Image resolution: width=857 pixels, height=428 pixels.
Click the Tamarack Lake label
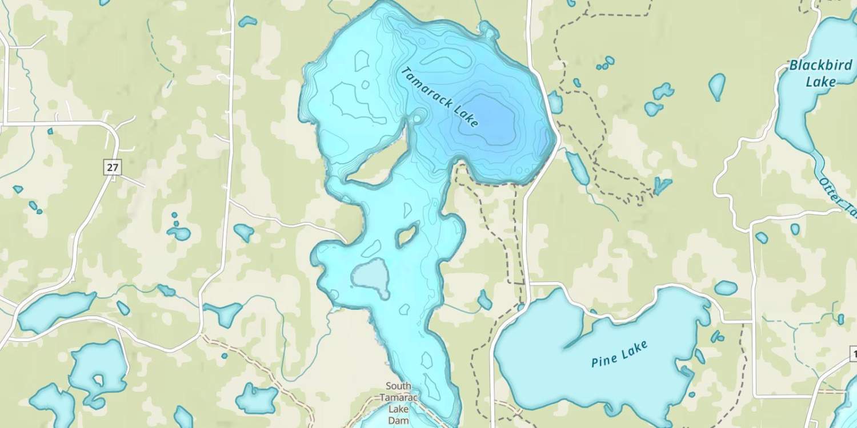[440, 97]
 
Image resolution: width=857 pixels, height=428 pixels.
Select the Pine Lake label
[619, 354]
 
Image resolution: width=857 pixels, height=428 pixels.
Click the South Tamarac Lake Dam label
[398, 402]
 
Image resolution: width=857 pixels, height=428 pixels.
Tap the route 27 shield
[113, 167]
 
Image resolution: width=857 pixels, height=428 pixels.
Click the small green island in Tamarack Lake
[407, 235]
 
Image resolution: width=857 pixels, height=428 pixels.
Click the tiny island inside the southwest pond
[99, 379]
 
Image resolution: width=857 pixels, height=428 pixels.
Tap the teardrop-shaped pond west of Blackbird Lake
[716, 86]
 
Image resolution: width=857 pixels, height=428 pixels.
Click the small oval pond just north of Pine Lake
[726, 288]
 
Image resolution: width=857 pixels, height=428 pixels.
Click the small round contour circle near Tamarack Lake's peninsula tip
[417, 119]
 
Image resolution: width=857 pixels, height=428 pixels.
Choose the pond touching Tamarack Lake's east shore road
[555, 103]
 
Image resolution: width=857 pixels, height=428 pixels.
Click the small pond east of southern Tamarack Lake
[484, 300]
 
